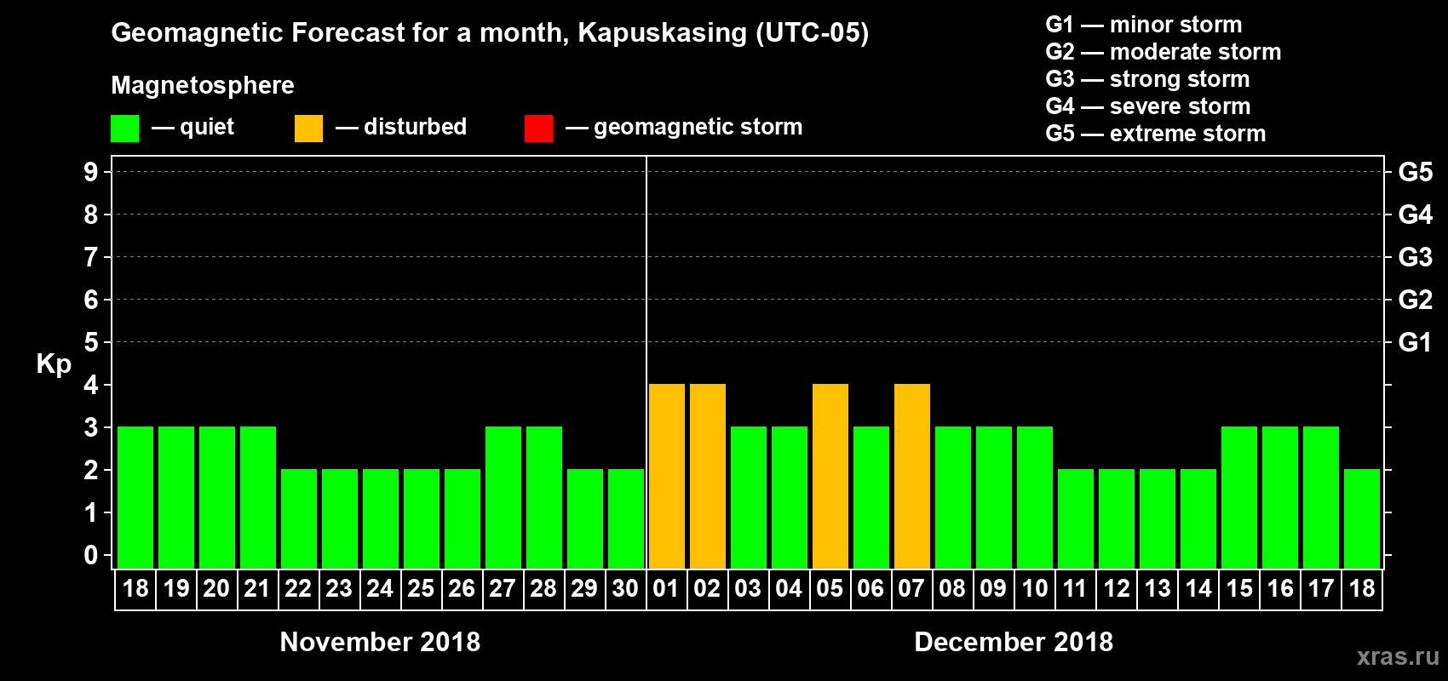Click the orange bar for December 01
pyautogui.click(x=667, y=476)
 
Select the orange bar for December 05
pyautogui.click(x=830, y=476)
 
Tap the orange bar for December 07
pyautogui.click(x=912, y=476)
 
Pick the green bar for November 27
pyautogui.click(x=503, y=497)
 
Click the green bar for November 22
pyautogui.click(x=299, y=518)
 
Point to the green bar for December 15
pyautogui.click(x=1239, y=497)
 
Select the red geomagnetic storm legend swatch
pyautogui.click(x=538, y=129)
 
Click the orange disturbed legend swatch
pyautogui.click(x=308, y=129)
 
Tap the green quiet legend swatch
pyautogui.click(x=124, y=129)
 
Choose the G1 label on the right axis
pyautogui.click(x=1415, y=342)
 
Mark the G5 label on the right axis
pyautogui.click(x=1415, y=172)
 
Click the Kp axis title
pyautogui.click(x=54, y=364)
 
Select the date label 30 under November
pyautogui.click(x=625, y=588)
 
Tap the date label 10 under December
pyautogui.click(x=1035, y=588)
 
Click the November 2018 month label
pyautogui.click(x=380, y=642)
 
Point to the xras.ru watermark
pyautogui.click(x=1398, y=656)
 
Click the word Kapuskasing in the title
pyautogui.click(x=662, y=33)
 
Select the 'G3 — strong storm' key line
pyautogui.click(x=1147, y=79)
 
